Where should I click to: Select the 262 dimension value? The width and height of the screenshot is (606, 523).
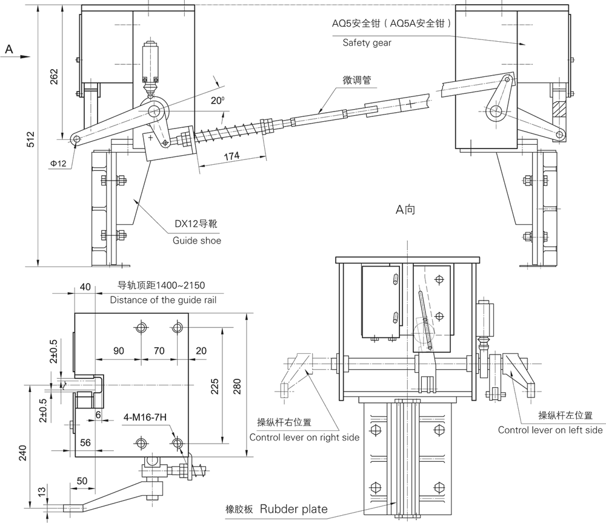pyautogui.click(x=54, y=78)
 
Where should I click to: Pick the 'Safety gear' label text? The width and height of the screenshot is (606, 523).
pyautogui.click(x=367, y=42)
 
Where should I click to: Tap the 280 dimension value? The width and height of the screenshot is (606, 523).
pyautogui.click(x=237, y=385)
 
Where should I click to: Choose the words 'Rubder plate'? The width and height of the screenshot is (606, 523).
pyautogui.click(x=294, y=508)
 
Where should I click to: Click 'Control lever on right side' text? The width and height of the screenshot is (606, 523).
pyautogui.click(x=304, y=437)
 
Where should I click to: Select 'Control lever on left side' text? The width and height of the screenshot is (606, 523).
pyautogui.click(x=550, y=430)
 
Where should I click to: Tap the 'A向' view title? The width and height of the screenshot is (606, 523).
pyautogui.click(x=405, y=210)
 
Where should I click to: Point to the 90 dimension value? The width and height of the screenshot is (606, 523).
pyautogui.click(x=119, y=350)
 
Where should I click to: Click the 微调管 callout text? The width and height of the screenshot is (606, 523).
pyautogui.click(x=356, y=80)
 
